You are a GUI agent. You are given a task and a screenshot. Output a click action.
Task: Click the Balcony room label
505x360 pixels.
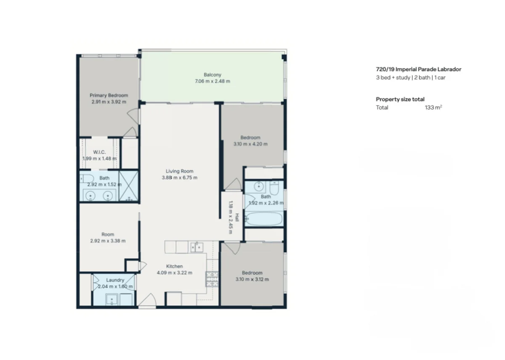[x=213, y=74]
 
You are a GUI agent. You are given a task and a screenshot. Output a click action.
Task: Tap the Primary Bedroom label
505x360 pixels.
[x=109, y=95]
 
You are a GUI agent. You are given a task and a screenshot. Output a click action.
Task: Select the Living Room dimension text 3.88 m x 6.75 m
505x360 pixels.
[x=179, y=177]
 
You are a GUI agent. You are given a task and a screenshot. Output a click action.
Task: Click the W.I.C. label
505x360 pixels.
[x=99, y=152]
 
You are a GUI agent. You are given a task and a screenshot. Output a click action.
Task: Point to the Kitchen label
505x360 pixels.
[x=175, y=266]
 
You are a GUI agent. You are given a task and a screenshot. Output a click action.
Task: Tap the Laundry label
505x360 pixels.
[x=115, y=280]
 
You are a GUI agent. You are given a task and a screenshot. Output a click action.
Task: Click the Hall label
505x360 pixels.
[x=237, y=217]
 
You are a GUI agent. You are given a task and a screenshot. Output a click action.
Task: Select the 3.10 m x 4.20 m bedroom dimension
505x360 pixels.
[x=250, y=144]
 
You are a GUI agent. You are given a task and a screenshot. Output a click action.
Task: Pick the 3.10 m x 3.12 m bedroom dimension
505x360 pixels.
[x=252, y=279]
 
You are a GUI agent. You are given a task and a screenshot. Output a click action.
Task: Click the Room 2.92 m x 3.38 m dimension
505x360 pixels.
[x=108, y=241]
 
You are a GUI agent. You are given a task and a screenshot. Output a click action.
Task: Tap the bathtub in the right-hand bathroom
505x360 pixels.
[x=263, y=219]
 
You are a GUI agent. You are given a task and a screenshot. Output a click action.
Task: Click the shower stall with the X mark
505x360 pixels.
[x=128, y=186]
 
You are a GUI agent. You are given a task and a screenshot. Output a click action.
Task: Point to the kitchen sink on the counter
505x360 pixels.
[x=197, y=247]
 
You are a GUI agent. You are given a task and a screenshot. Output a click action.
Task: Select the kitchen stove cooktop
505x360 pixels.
[x=212, y=279]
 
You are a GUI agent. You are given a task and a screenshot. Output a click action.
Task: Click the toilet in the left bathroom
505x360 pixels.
[x=87, y=179]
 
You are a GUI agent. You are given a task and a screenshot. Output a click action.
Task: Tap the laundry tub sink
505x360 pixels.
[x=112, y=299]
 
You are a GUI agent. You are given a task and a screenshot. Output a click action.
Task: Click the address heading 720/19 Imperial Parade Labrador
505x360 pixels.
[x=418, y=69]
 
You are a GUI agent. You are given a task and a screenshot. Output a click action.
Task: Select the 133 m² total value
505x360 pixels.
[x=433, y=107]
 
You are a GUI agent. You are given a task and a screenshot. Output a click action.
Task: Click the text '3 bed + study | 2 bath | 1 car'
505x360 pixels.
[x=411, y=77]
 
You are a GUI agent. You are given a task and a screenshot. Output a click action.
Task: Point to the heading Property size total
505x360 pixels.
[x=400, y=99]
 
